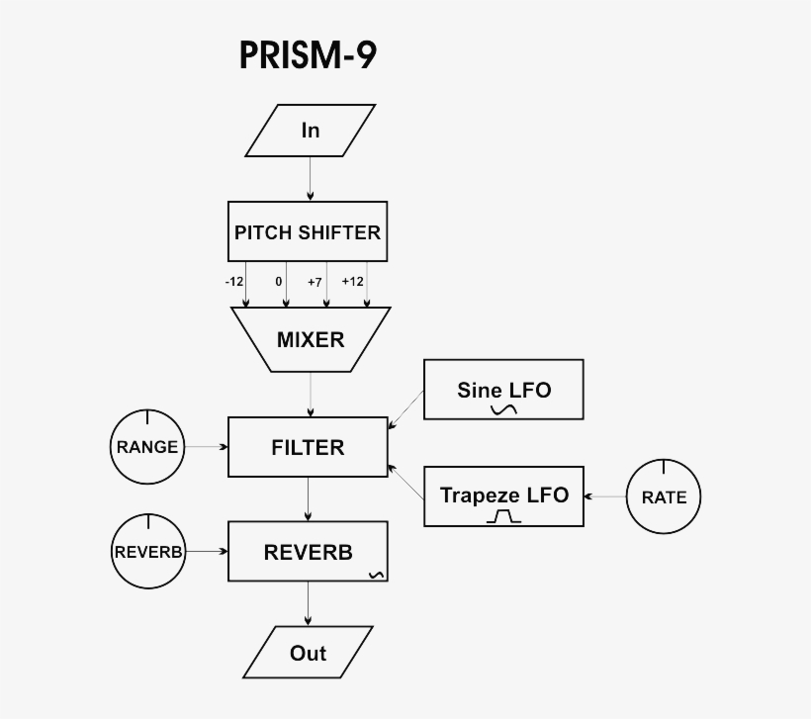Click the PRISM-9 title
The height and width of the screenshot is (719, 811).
(308, 55)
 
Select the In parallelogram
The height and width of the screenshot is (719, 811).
(311, 131)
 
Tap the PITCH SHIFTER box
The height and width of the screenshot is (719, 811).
(307, 232)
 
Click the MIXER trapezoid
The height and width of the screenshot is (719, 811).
(310, 339)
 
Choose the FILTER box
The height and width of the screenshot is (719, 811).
(308, 447)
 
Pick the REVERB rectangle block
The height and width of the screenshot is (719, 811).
(308, 552)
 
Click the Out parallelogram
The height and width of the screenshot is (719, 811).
(308, 653)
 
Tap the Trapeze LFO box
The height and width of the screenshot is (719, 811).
(503, 495)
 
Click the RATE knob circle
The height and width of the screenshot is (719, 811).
(664, 497)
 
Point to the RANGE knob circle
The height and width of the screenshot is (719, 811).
(146, 447)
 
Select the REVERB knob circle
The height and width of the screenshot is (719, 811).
(148, 552)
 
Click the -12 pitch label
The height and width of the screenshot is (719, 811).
(233, 282)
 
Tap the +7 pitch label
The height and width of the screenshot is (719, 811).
(315, 282)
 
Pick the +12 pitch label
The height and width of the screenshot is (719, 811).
(353, 282)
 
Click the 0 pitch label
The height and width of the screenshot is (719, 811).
(279, 282)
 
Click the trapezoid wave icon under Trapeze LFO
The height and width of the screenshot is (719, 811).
(503, 516)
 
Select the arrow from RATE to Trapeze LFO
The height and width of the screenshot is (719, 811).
(605, 496)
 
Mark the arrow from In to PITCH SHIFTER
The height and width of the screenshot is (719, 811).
(311, 179)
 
